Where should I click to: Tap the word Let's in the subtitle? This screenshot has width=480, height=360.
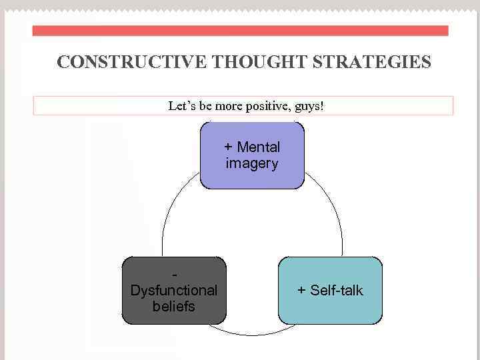pyautogui.click(x=182, y=106)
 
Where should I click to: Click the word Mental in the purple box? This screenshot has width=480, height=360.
pyautogui.click(x=258, y=147)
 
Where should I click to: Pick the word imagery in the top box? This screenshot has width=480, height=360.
pyautogui.click(x=252, y=163)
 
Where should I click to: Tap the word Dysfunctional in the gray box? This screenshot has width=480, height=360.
pyautogui.click(x=174, y=291)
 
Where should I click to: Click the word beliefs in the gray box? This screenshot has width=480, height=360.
pyautogui.click(x=174, y=307)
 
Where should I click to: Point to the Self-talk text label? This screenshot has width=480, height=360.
pyautogui.click(x=336, y=291)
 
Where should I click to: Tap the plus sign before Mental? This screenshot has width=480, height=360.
pyautogui.click(x=228, y=147)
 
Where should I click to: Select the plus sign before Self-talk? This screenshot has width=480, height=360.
pyautogui.click(x=301, y=291)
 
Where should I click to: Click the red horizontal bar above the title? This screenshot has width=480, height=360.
pyautogui.click(x=240, y=31)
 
